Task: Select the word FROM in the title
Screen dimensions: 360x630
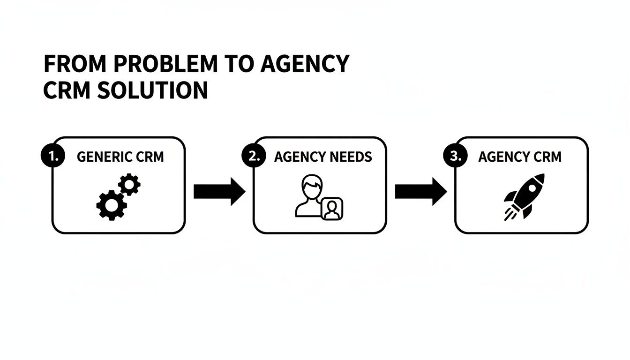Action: [x=75, y=64]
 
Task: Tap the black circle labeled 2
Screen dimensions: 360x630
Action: [x=254, y=157]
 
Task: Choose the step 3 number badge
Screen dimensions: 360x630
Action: [x=455, y=157]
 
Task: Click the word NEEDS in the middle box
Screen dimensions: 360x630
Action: [x=350, y=157]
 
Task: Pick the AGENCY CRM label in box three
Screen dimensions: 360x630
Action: [x=519, y=157]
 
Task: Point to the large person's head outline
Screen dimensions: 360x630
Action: [x=311, y=186]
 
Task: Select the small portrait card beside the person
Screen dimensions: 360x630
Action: [x=332, y=209]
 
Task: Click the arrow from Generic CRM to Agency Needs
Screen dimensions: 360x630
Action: [x=219, y=191]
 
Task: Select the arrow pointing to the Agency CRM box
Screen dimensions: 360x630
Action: [x=420, y=191]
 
